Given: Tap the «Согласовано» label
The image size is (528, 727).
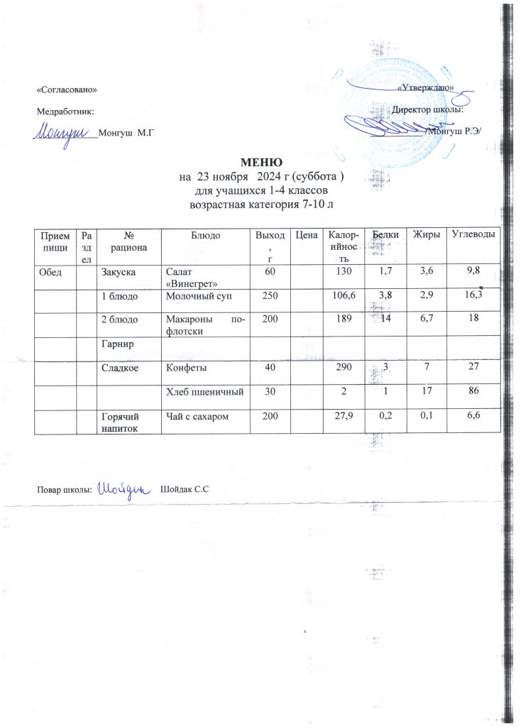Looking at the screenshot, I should pos(66,89).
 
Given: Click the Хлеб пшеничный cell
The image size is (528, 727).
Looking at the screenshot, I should pos(205,391).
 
